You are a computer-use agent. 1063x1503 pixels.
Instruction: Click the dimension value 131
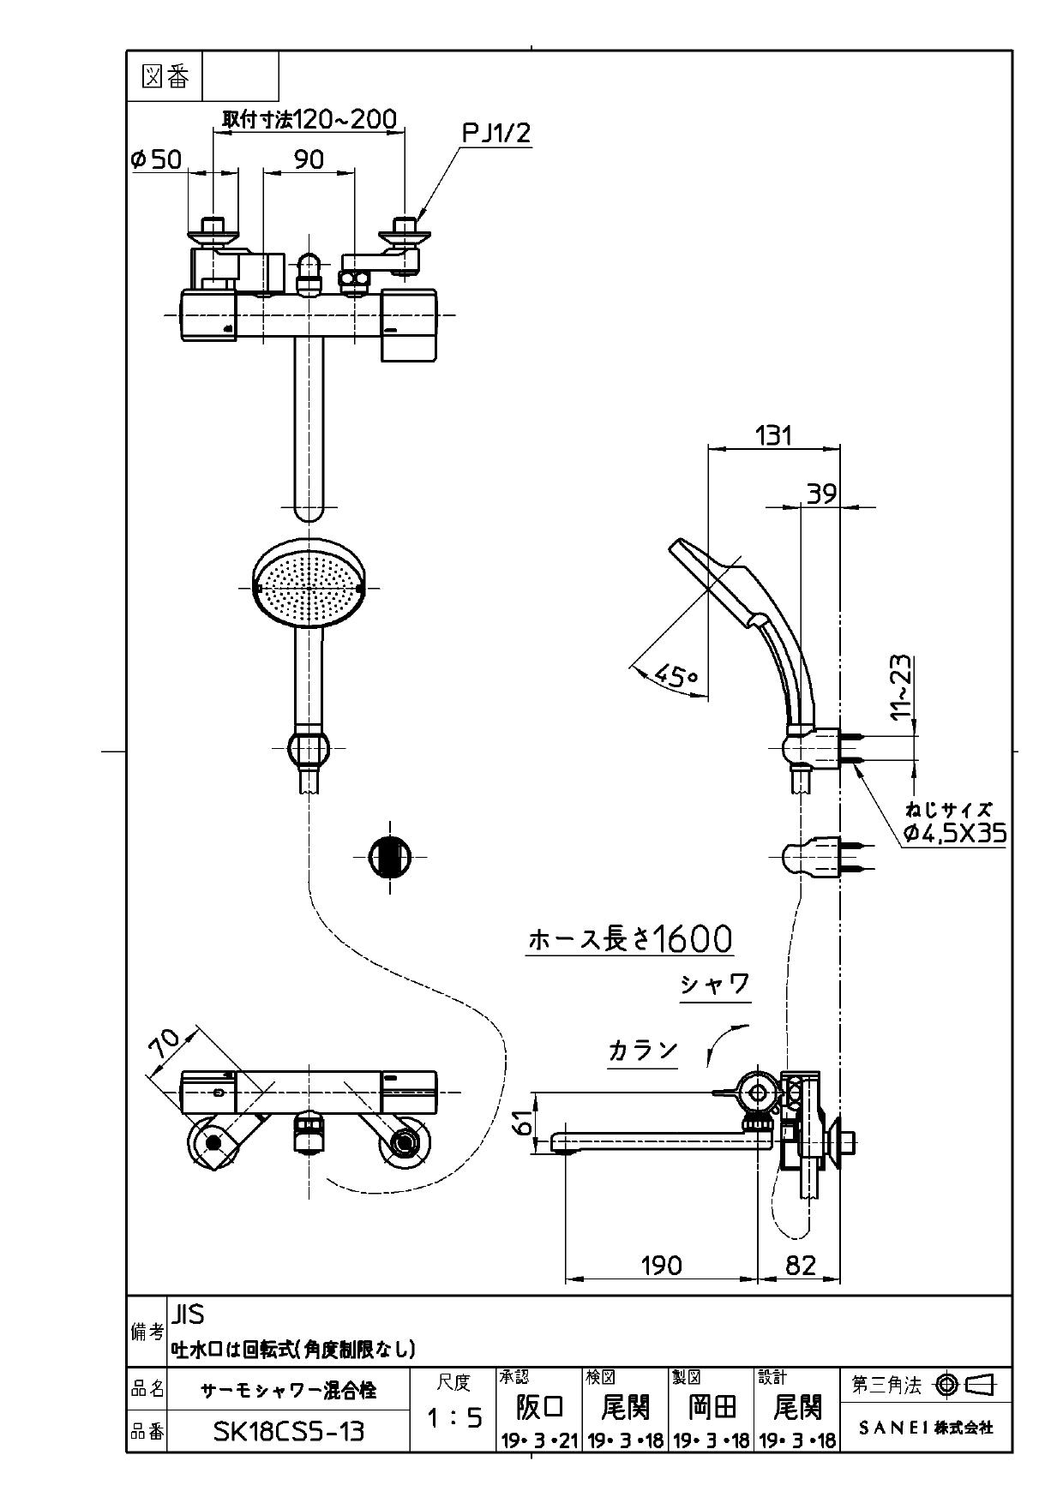(773, 435)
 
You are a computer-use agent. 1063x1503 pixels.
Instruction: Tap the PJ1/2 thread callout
(496, 133)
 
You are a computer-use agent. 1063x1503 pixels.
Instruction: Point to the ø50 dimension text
(155, 159)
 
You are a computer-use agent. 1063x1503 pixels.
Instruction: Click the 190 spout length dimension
(661, 1265)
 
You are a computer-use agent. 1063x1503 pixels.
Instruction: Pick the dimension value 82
(800, 1265)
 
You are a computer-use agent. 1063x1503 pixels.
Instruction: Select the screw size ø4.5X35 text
(954, 833)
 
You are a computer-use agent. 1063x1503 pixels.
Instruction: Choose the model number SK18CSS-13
(288, 1431)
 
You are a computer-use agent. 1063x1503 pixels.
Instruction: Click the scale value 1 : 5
(453, 1419)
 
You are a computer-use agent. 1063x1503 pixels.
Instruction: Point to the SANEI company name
(926, 1428)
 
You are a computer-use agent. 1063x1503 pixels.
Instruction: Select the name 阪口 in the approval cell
(539, 1406)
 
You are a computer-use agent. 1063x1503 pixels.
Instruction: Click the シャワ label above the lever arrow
(715, 985)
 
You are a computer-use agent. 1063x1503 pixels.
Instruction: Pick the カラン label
(643, 1050)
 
